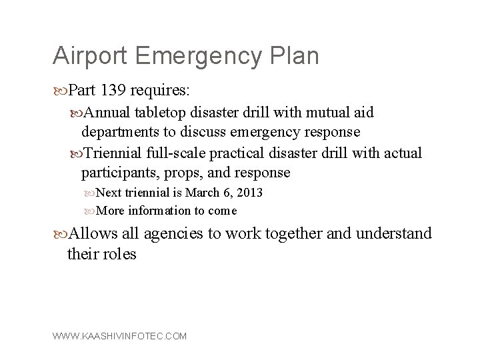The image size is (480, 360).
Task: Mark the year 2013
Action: [x=247, y=193]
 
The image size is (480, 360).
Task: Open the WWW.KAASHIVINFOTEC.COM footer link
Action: [x=119, y=336]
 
